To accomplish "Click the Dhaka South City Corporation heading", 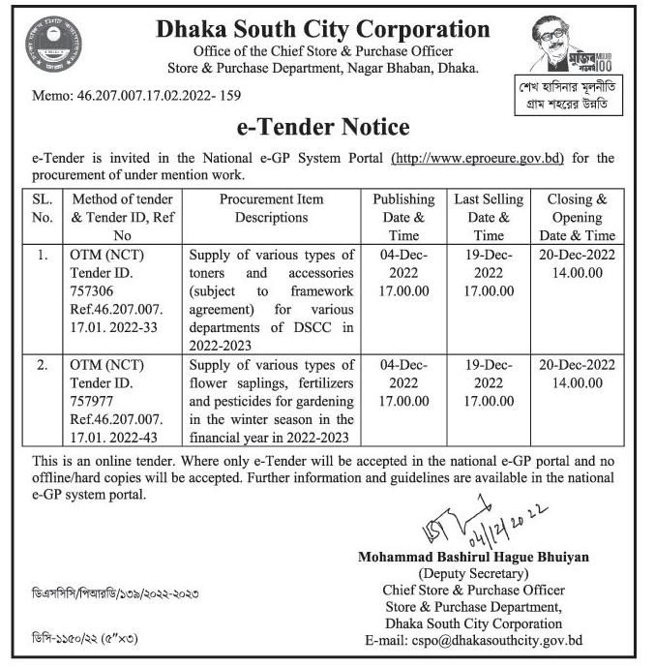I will coord(322,30).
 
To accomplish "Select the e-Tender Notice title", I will coord(323,127).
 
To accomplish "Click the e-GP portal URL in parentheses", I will coord(477,158).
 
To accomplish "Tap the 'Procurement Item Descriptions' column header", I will coord(271,208).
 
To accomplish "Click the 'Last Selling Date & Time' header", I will coord(489,217).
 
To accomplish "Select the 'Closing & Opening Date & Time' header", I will coord(577,217).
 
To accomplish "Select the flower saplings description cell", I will coord(271,401).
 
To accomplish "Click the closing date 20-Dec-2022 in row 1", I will coord(577,255).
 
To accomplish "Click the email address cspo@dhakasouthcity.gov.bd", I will coord(473,640).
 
